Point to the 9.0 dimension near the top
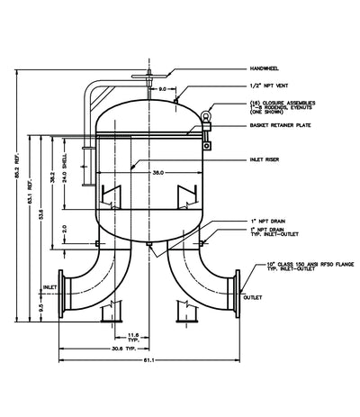tap(162, 90)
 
